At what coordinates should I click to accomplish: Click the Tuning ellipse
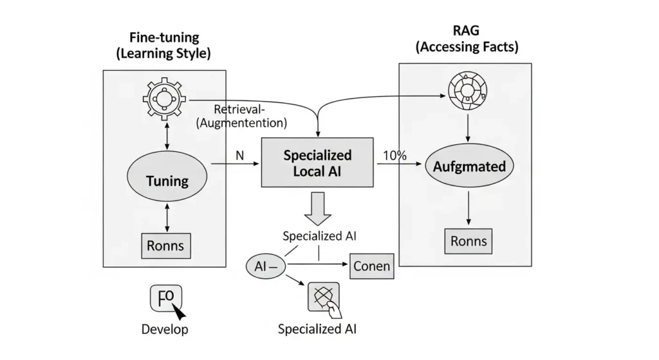[167, 181]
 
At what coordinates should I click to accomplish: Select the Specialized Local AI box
[318, 164]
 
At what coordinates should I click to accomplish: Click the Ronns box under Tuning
[164, 245]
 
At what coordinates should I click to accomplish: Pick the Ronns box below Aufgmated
[468, 242]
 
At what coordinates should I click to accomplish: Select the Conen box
[372, 266]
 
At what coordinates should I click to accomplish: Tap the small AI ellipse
[265, 266]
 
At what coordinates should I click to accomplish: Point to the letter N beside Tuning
[239, 156]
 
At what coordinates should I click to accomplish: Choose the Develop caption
[165, 330]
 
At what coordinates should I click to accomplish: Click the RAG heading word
[467, 30]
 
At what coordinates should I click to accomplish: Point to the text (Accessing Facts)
[467, 46]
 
